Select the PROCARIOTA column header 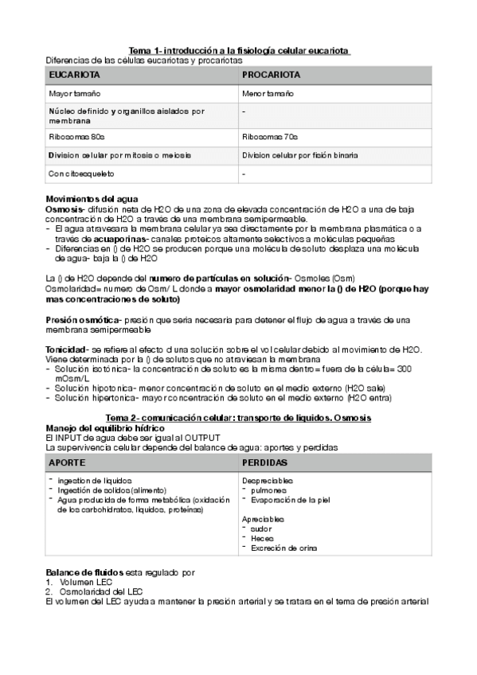click(271, 75)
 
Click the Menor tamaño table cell click(267, 94)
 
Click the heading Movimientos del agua click(92, 198)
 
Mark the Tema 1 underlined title click(239, 51)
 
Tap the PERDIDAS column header click(266, 462)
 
